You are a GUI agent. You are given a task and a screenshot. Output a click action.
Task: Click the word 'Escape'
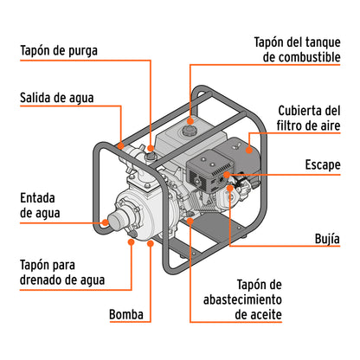tap(321, 164)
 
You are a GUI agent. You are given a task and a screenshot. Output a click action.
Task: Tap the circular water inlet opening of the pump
tap(111, 221)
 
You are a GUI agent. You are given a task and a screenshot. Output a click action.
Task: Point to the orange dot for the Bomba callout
tap(152, 245)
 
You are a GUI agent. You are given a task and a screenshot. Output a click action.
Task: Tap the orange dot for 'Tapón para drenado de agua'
tap(132, 243)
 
